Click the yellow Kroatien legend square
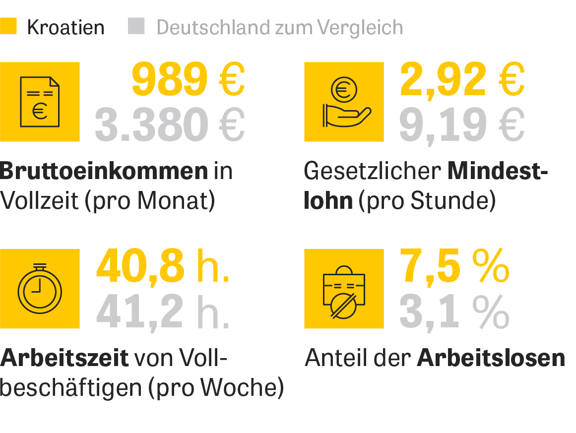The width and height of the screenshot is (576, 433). pyautogui.click(x=8, y=26)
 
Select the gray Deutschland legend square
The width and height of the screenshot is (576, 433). pyautogui.click(x=136, y=26)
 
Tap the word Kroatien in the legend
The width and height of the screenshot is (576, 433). pyautogui.click(x=65, y=28)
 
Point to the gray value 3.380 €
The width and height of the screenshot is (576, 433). pyautogui.click(x=170, y=124)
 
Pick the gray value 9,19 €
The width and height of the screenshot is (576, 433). pyautogui.click(x=462, y=124)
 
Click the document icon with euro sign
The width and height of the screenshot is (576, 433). pyautogui.click(x=40, y=102)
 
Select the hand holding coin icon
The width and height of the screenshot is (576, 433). pyautogui.click(x=344, y=102)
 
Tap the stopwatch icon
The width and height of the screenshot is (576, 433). pyautogui.click(x=40, y=288)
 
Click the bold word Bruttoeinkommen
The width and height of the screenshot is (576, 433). pyautogui.click(x=104, y=171)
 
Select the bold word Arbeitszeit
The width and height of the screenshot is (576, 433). pyautogui.click(x=64, y=358)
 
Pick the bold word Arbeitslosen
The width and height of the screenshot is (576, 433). pyautogui.click(x=491, y=358)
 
